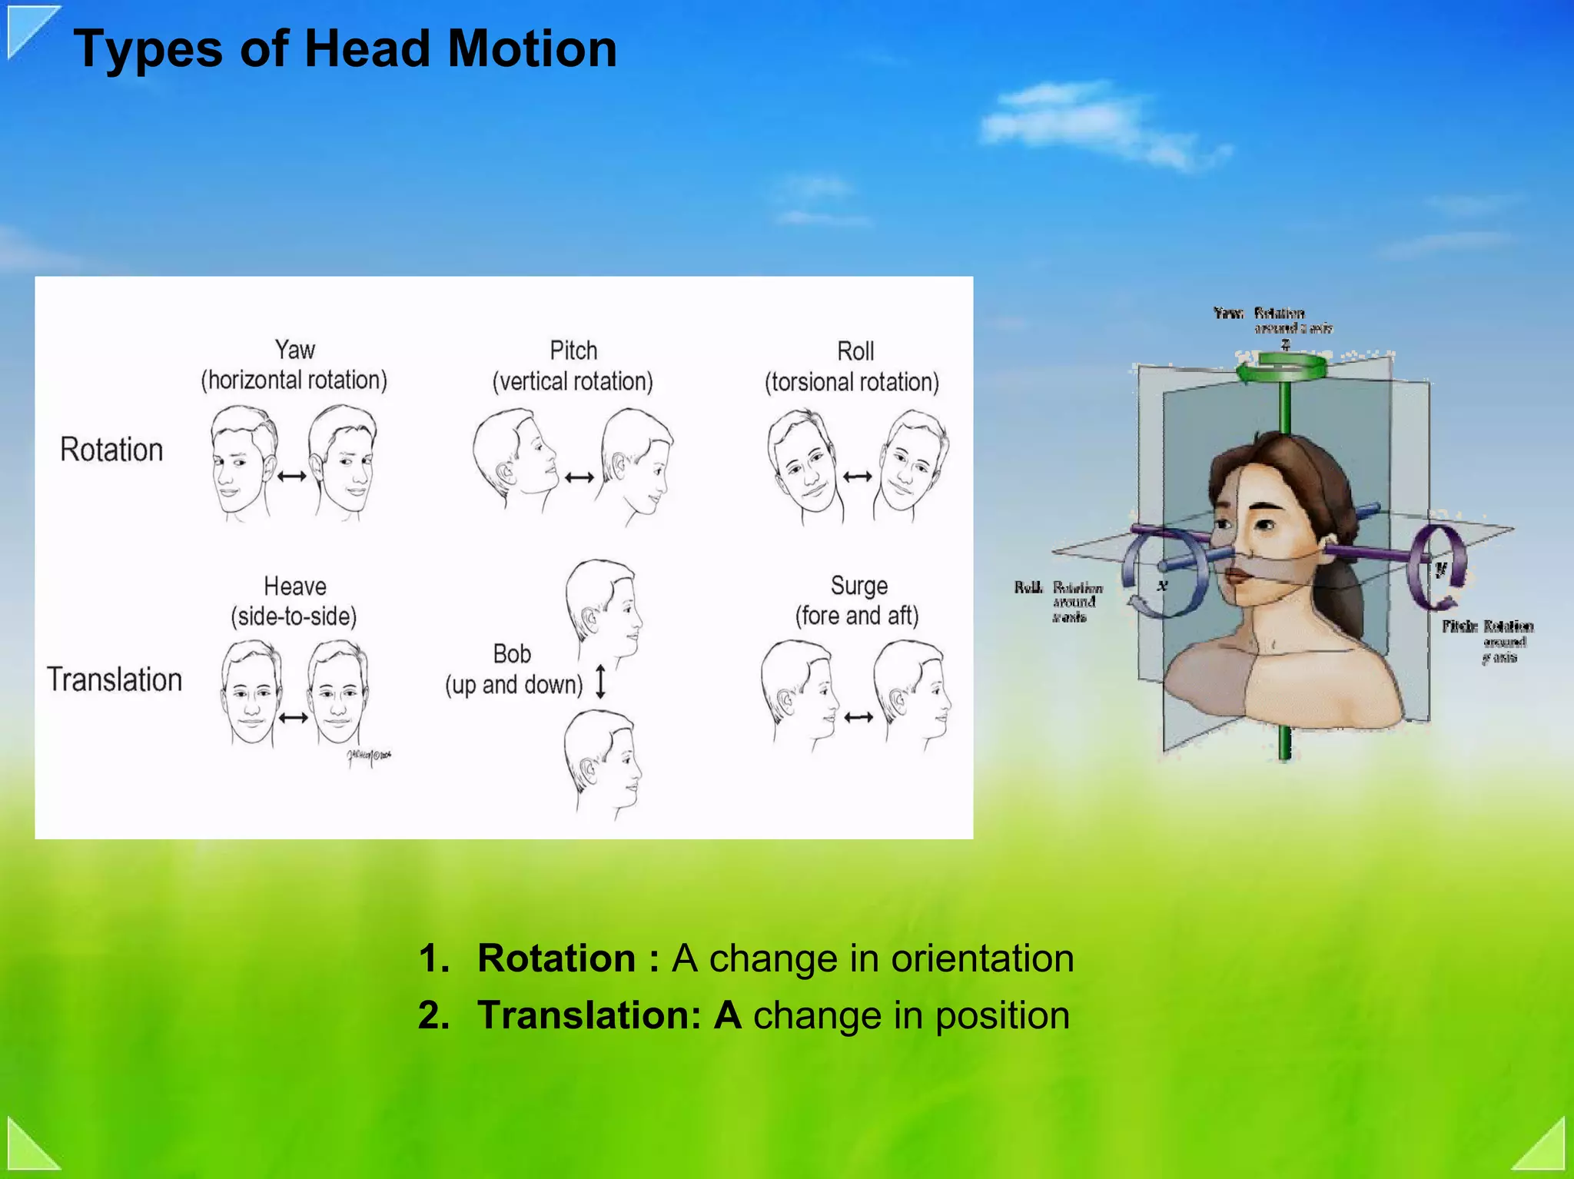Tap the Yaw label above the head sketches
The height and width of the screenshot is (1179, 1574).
coord(295,350)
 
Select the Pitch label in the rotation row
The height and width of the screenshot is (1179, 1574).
coord(573,350)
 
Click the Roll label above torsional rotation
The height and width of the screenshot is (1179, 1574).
coord(855,351)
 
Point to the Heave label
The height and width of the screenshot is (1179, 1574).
coord(295,586)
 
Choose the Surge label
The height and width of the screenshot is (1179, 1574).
coord(859,586)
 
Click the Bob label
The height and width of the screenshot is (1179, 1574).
coord(512,654)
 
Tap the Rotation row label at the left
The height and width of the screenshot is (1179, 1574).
coord(112,450)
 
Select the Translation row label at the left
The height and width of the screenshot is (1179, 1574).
coord(115,680)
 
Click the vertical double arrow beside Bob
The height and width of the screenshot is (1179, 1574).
coord(601,682)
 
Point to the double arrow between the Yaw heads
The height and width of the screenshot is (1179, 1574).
coord(292,477)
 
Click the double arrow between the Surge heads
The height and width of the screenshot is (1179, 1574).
coord(858,718)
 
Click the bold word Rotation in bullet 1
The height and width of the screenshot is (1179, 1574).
coord(556,958)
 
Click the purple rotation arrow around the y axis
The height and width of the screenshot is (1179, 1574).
coord(1436,567)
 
